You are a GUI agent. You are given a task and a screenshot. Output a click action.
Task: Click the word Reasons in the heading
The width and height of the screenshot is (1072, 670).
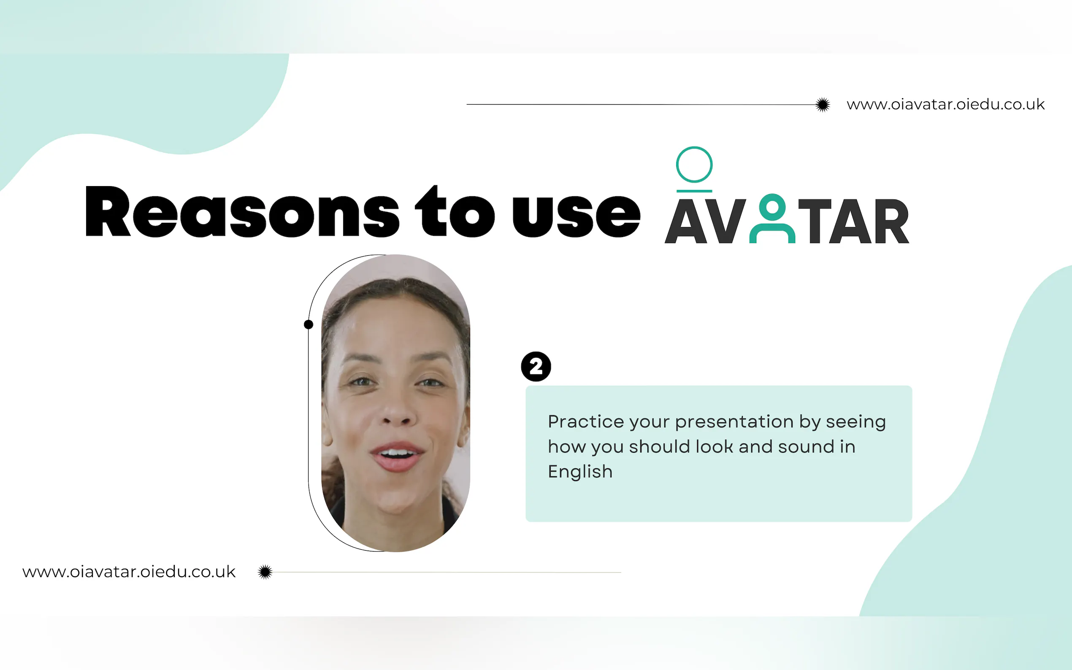coord(242,211)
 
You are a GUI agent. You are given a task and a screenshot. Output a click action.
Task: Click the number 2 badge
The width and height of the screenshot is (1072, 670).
coord(536,367)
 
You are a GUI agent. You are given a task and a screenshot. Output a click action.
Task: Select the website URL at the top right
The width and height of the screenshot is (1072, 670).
coord(946,105)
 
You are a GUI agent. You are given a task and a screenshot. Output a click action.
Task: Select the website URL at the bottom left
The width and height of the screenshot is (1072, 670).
coord(129,572)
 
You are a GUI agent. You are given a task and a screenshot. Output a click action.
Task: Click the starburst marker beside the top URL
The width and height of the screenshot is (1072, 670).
coord(823,105)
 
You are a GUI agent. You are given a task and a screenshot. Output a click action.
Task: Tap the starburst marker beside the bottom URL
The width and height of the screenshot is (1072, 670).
coord(265,572)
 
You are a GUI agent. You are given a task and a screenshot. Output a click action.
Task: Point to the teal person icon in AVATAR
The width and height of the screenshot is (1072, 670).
coord(772,219)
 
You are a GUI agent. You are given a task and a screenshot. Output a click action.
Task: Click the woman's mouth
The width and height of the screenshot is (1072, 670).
coord(397,457)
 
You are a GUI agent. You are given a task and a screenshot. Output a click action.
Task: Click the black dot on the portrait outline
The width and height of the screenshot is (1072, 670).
coord(309,324)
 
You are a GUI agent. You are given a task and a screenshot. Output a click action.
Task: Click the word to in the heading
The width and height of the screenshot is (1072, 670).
coord(455,211)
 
